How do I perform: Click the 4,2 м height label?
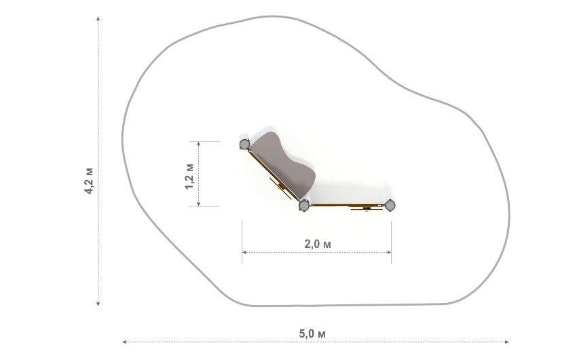[x=89, y=181]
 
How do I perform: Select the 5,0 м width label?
[x=312, y=334]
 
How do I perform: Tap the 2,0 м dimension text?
[x=318, y=244]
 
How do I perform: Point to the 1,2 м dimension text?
[x=189, y=176]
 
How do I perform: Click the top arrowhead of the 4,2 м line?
[x=98, y=18]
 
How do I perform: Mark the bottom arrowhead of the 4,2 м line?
[x=98, y=304]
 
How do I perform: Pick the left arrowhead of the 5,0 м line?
[x=124, y=342]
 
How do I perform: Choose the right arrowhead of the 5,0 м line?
[x=507, y=342]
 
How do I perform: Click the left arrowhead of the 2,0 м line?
[x=244, y=252]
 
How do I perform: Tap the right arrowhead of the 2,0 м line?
[x=389, y=252]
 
